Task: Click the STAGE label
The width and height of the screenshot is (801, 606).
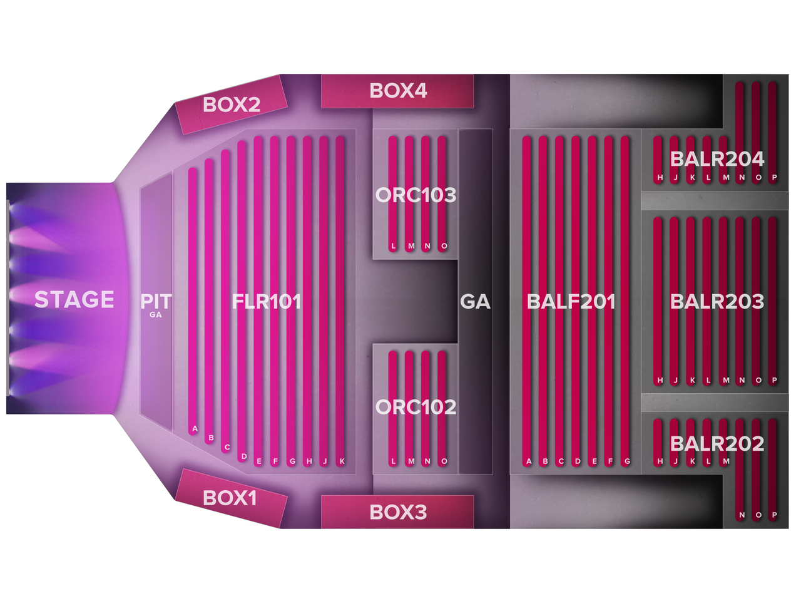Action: (x=74, y=300)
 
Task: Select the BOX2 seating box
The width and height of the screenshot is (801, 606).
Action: (x=231, y=105)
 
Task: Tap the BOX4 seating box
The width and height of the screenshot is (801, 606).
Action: (x=398, y=91)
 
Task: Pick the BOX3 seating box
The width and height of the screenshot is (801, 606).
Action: (x=398, y=512)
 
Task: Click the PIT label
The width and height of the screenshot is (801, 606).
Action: (x=156, y=301)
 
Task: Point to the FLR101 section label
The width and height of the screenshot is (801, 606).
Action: (x=267, y=302)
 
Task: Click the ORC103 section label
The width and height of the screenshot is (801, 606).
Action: (x=416, y=195)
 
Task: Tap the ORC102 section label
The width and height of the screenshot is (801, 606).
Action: (x=416, y=408)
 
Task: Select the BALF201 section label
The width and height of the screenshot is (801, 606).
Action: (x=571, y=302)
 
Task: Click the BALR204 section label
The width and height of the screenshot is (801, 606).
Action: (x=717, y=160)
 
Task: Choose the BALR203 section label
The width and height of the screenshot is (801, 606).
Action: (x=717, y=302)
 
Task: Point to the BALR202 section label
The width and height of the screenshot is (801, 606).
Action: (x=717, y=444)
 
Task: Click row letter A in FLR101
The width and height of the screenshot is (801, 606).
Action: (x=195, y=429)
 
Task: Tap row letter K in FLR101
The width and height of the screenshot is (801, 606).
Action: (x=342, y=461)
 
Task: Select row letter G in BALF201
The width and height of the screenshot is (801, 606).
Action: (x=626, y=461)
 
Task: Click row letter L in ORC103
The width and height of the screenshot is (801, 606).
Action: (x=393, y=246)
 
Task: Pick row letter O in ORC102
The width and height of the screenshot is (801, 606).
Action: (x=444, y=461)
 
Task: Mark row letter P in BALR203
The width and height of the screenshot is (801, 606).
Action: (x=774, y=380)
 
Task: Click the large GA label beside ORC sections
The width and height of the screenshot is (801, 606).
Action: (x=475, y=302)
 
